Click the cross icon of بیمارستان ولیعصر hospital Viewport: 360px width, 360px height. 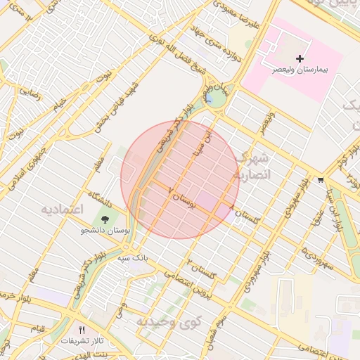pos(300,58)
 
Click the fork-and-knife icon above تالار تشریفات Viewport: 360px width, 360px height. pos(82,329)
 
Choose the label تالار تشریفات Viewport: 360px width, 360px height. pos(82,341)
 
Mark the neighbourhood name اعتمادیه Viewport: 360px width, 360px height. pos(62,210)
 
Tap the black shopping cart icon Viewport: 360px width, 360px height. pos(321,179)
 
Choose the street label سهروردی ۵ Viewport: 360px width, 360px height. pos(317,257)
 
